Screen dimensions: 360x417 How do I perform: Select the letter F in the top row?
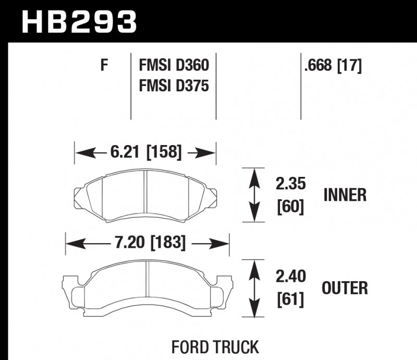pyautogui.click(x=104, y=66)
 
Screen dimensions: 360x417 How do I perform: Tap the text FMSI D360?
pyautogui.click(x=174, y=66)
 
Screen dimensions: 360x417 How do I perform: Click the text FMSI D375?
pyautogui.click(x=174, y=85)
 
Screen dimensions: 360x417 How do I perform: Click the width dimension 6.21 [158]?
pyautogui.click(x=145, y=152)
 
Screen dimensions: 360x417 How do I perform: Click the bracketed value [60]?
pyautogui.click(x=290, y=207)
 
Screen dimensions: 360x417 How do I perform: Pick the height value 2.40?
pyautogui.click(x=290, y=276)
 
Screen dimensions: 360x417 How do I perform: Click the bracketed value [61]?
pyautogui.click(x=290, y=299)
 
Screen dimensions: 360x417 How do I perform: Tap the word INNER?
pyautogui.click(x=345, y=195)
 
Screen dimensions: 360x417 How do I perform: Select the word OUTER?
pyautogui.click(x=345, y=287)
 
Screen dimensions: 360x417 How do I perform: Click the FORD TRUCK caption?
pyautogui.click(x=215, y=347)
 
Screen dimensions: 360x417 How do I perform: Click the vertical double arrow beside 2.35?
pyautogui.click(x=254, y=196)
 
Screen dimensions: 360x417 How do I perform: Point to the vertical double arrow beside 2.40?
pyautogui.click(x=254, y=288)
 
